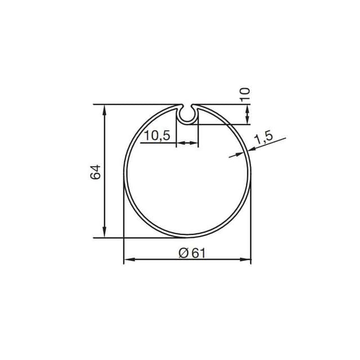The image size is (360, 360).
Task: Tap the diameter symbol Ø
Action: click(x=183, y=253)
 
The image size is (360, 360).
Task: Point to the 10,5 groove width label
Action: click(x=157, y=136)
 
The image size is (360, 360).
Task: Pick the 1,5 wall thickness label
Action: click(x=263, y=137)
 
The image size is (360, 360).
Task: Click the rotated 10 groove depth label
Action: click(x=244, y=94)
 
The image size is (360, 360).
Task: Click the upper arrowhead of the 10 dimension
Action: click(x=247, y=107)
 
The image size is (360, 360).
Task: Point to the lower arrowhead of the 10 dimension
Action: click(x=247, y=120)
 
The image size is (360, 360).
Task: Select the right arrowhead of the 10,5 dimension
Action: click(x=195, y=144)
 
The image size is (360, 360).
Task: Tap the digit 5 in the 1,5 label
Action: click(x=268, y=136)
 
